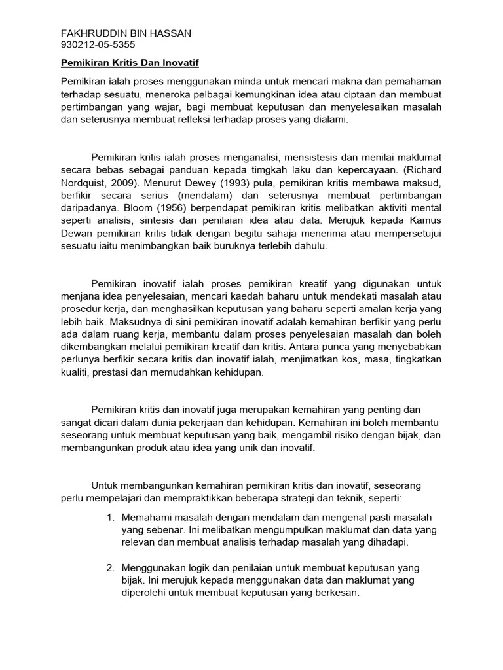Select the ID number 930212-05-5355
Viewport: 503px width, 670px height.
(98, 45)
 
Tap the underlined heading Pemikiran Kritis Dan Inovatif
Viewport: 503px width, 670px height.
(129, 63)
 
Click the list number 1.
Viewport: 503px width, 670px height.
(110, 517)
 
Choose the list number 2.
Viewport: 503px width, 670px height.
(110, 567)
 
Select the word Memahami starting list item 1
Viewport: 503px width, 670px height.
(145, 517)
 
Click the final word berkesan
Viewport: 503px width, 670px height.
(336, 593)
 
